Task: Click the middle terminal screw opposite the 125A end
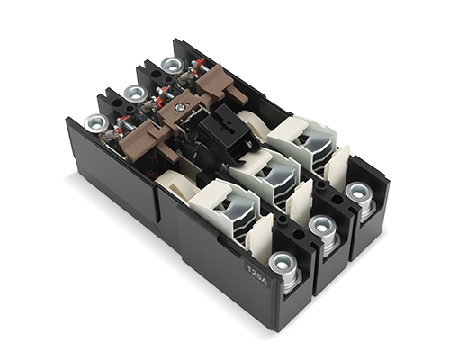coord(134,93)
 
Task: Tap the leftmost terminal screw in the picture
coord(96,123)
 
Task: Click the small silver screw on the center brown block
coord(181,107)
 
